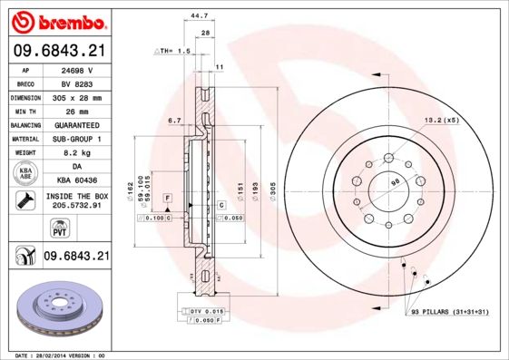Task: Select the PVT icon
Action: (x=24, y=228)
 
